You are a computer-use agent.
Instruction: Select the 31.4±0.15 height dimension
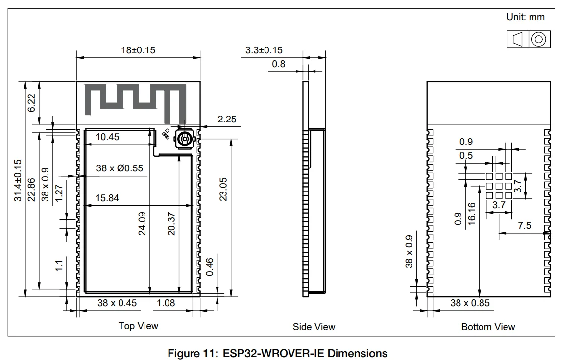pos(18,180)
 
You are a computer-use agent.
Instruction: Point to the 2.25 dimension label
pos(227,119)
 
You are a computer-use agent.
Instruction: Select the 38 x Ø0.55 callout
pos(120,168)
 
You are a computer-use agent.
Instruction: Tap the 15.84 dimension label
pos(107,198)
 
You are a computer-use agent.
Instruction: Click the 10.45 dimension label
pos(107,137)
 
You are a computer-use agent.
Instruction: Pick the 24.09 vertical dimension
pos(142,223)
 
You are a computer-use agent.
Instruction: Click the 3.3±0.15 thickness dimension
pos(264,50)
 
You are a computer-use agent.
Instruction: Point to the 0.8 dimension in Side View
pos(278,64)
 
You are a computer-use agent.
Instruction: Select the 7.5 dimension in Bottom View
pos(524,226)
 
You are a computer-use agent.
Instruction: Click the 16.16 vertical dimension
pos(472,214)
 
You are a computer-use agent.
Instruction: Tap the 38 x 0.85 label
pos(470,303)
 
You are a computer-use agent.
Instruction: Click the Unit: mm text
pos(525,17)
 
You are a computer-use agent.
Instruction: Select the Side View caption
pos(314,327)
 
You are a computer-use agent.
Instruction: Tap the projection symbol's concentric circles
pos(538,39)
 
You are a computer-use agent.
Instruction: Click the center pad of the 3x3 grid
pos(499,186)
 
